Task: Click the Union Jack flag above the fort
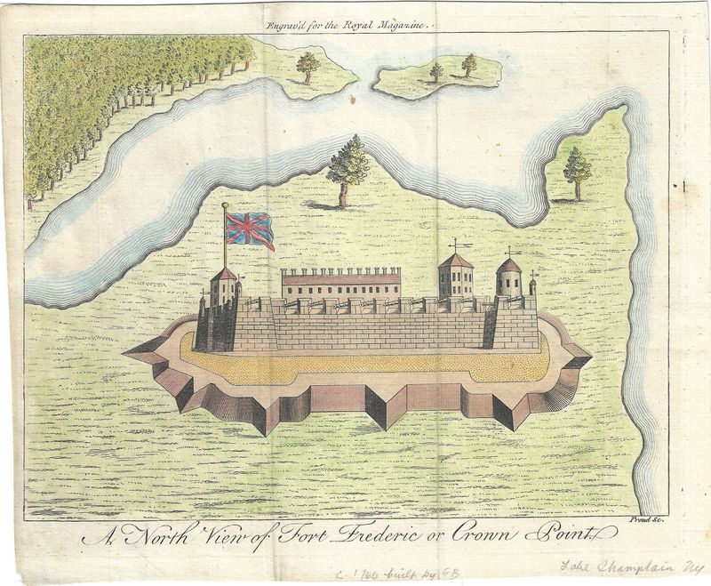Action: [249, 229]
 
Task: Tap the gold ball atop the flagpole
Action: [224, 206]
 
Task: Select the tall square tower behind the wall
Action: [455, 276]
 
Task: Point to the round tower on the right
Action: [508, 278]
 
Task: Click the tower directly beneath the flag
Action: [224, 286]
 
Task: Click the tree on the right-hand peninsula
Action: [577, 171]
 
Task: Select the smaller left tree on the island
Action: [436, 72]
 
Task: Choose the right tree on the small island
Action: [469, 65]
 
